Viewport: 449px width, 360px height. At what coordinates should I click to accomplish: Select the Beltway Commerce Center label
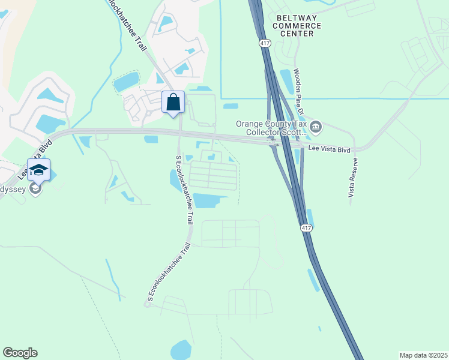tap(297, 26)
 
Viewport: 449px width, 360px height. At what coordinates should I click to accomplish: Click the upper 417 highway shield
tap(265, 43)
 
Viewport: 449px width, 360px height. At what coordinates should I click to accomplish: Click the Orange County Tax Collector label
tap(271, 128)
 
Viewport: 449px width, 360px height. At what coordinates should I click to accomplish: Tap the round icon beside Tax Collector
tap(316, 127)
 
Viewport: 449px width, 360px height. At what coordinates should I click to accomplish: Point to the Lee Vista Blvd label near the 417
tap(329, 148)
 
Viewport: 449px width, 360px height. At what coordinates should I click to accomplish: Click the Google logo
tap(20, 353)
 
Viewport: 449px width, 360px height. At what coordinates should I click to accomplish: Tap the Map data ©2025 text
tap(423, 355)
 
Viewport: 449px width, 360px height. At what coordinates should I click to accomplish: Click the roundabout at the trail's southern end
tap(146, 304)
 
